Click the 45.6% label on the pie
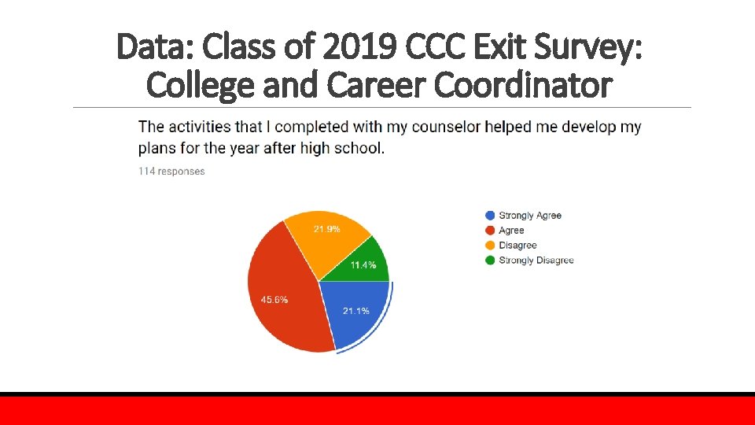click(x=274, y=299)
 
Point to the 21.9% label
click(x=326, y=229)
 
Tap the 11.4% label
click(x=363, y=265)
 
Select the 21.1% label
click(x=356, y=311)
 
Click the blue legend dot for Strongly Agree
click(x=491, y=215)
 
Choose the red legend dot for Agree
click(x=491, y=230)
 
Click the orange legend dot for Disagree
click(x=491, y=245)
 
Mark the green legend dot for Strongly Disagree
click(x=491, y=260)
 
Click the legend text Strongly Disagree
click(x=536, y=260)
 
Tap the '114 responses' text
click(x=171, y=172)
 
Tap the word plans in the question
click(x=157, y=147)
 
